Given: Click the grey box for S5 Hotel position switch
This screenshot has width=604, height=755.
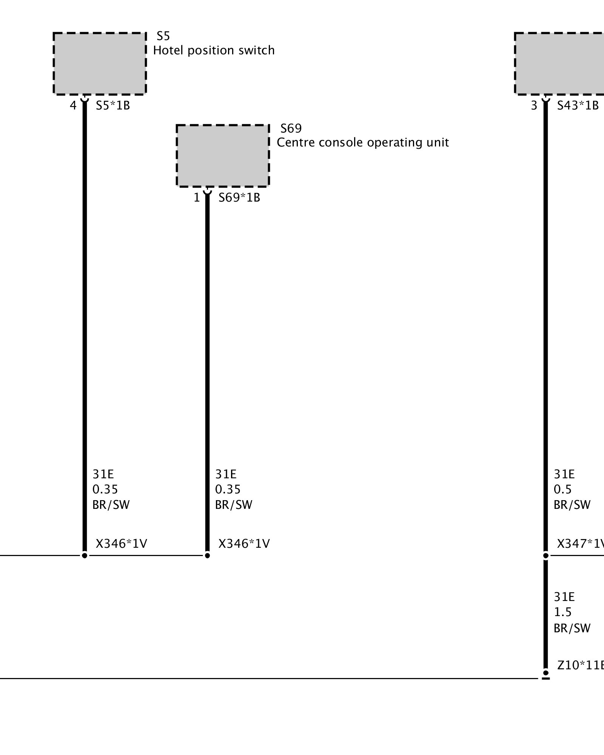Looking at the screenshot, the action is click(x=99, y=63).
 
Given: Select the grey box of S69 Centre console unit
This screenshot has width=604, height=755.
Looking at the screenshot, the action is click(x=223, y=156).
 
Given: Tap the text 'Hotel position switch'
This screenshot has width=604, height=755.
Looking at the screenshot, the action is click(x=214, y=50).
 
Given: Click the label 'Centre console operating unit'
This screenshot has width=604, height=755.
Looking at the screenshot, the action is click(x=363, y=142).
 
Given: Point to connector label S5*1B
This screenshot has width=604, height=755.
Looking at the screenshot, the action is click(x=112, y=105).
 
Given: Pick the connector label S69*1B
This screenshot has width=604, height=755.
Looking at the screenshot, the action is click(x=239, y=197).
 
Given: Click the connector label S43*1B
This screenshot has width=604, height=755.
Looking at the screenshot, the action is click(x=578, y=105).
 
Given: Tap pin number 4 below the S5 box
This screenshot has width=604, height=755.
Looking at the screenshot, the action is click(x=73, y=105).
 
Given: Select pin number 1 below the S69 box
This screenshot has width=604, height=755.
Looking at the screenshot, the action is click(x=197, y=197).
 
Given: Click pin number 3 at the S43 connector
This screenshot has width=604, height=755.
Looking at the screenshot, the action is click(x=534, y=105).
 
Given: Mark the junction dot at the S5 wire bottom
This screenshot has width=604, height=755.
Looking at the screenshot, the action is click(x=85, y=555).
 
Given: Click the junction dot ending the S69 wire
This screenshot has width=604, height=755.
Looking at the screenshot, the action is click(x=207, y=555).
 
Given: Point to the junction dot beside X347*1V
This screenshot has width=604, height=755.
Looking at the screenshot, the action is click(x=545, y=555).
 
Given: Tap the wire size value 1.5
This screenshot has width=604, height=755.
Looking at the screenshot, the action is click(x=562, y=612).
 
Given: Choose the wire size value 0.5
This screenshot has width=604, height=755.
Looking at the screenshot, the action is click(x=562, y=489).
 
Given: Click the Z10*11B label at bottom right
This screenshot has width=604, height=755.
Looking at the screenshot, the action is click(x=580, y=665).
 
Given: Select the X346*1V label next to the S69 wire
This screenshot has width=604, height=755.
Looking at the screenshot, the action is click(x=244, y=544).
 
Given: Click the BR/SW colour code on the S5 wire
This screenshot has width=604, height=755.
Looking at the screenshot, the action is click(x=111, y=505).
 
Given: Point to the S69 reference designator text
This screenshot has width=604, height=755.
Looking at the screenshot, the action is click(x=291, y=128).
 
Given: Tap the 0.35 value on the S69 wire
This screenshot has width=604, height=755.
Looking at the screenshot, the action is click(x=228, y=489).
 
